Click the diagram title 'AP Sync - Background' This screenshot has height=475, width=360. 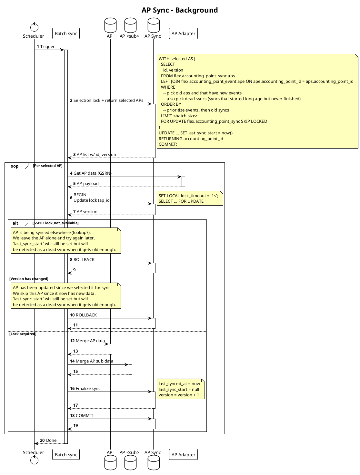click(x=180, y=10)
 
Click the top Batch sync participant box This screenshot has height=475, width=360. click(x=66, y=34)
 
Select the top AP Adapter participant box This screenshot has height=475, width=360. click(x=183, y=34)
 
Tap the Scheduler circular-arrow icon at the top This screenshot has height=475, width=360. click(x=34, y=27)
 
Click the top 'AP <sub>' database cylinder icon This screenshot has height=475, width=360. click(x=130, y=25)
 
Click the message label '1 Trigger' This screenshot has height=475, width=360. click(x=46, y=47)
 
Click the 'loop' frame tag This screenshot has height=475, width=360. click(x=14, y=166)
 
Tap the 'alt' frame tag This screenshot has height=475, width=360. click(x=15, y=223)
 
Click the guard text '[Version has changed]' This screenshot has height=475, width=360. click(x=29, y=279)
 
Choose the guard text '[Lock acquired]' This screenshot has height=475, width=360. click(x=23, y=334)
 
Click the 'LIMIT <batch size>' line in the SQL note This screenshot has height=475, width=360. click(x=179, y=116)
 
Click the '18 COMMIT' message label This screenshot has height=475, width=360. click(x=82, y=416)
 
